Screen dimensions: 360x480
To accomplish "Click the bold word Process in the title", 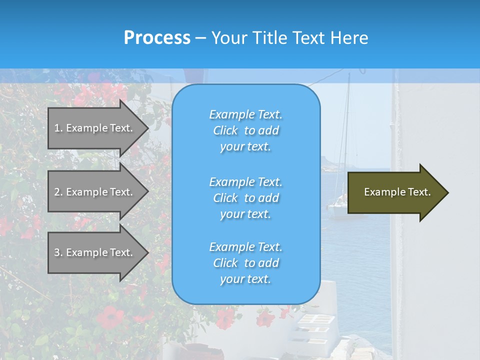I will [x=157, y=37].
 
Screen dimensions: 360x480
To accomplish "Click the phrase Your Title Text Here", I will [x=289, y=37].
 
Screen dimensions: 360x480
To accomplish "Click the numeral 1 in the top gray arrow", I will [x=57, y=128].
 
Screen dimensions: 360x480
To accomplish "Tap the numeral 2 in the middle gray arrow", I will [x=57, y=192].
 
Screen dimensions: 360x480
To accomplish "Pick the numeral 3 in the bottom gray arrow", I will [x=57, y=252].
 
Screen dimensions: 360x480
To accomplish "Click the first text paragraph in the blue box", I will [x=245, y=130].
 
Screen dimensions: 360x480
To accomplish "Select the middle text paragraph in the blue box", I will [x=245, y=197].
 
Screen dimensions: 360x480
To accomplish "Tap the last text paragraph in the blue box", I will [x=245, y=263].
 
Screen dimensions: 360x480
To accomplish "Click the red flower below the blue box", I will [x=225, y=318].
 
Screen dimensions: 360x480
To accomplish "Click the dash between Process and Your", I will [x=200, y=38].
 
